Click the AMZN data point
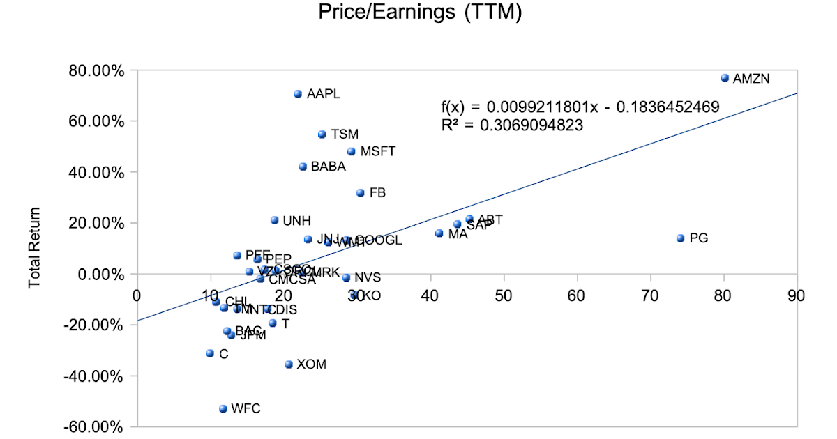pyautogui.click(x=725, y=78)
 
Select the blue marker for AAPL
pyautogui.click(x=298, y=94)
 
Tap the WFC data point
pyautogui.click(x=223, y=409)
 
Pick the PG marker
pyautogui.click(x=681, y=238)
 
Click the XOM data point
pyautogui.click(x=289, y=364)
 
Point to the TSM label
pyautogui.click(x=344, y=134)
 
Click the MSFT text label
pyautogui.click(x=378, y=151)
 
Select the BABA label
pyautogui.click(x=328, y=167)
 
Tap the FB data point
pyautogui.click(x=361, y=193)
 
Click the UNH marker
pyautogui.click(x=275, y=220)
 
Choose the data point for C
pyautogui.click(x=210, y=354)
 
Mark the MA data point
pyautogui.click(x=439, y=233)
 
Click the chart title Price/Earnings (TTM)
pyautogui.click(x=419, y=13)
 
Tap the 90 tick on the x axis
pyautogui.click(x=795, y=295)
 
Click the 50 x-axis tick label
pyautogui.click(x=503, y=295)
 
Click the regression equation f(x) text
pyautogui.click(x=580, y=107)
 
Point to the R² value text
pyautogui.click(x=512, y=125)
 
